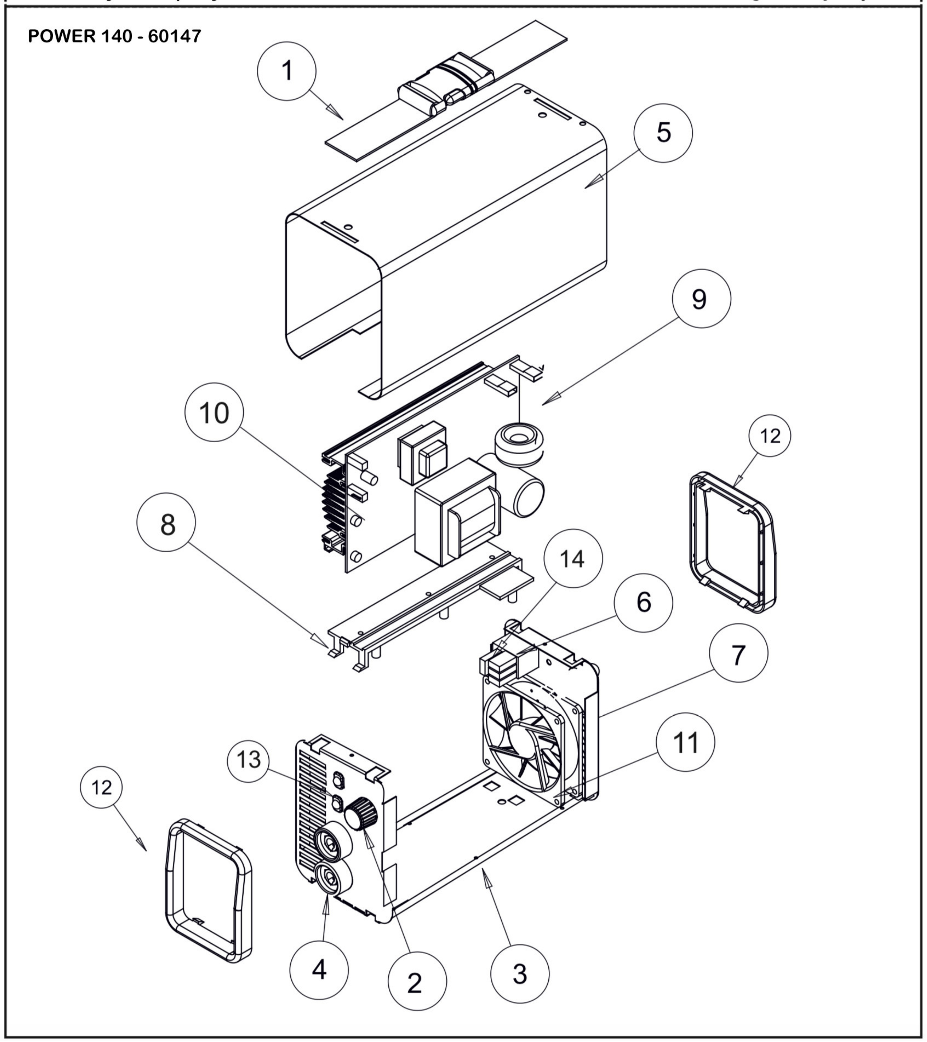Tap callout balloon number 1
[x=287, y=71]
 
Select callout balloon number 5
[x=663, y=133]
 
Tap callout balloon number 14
[x=573, y=559]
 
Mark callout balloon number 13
[x=249, y=760]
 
